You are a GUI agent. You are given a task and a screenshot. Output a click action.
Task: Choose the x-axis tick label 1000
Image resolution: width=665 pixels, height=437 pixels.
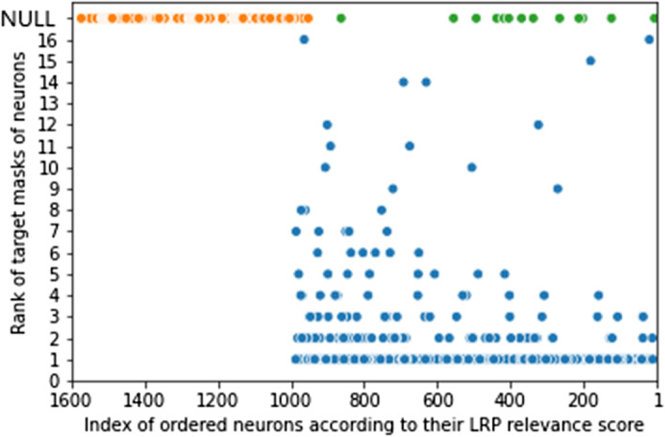pyautogui.click(x=292, y=398)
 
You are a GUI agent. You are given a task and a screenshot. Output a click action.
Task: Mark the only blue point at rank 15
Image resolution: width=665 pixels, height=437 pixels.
pyautogui.click(x=591, y=60)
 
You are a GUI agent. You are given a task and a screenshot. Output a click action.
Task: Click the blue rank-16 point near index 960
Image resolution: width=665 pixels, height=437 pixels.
pyautogui.click(x=303, y=39)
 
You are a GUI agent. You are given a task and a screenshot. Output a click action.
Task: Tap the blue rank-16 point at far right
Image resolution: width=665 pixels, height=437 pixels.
pyautogui.click(x=649, y=39)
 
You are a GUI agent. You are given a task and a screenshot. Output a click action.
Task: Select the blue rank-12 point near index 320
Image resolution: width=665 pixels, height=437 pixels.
pyautogui.click(x=538, y=124)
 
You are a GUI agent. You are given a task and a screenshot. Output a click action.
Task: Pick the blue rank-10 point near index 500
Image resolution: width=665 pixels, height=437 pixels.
pyautogui.click(x=472, y=167)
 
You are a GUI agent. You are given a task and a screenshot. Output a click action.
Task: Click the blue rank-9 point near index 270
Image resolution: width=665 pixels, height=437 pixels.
pyautogui.click(x=557, y=188)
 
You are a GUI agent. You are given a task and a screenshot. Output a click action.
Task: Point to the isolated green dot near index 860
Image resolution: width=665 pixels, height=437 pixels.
pyautogui.click(x=341, y=18)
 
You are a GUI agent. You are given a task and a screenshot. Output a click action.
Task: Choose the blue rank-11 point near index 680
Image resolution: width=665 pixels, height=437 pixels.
pyautogui.click(x=410, y=146)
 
